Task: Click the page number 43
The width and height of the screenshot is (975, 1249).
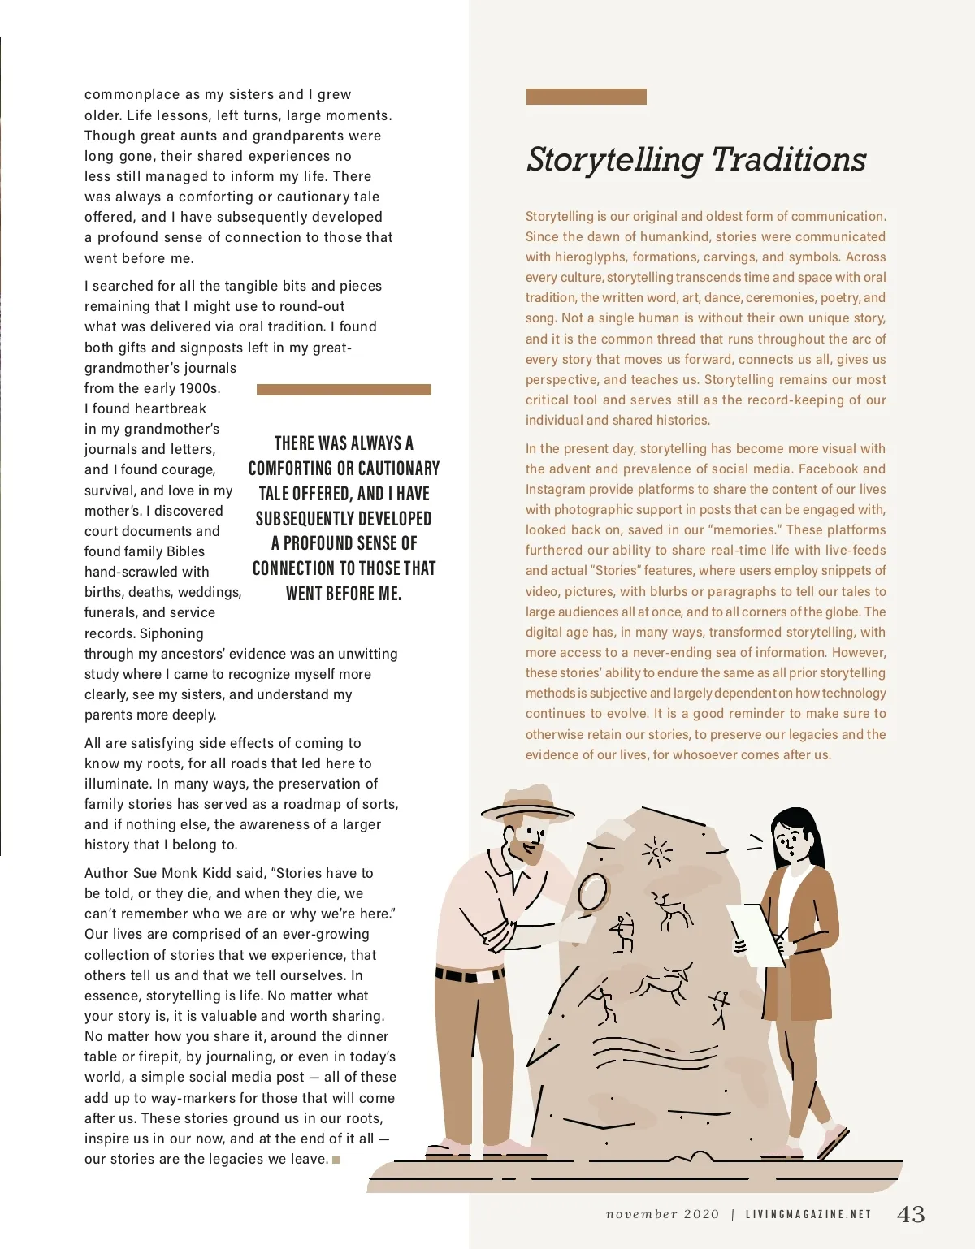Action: tap(911, 1214)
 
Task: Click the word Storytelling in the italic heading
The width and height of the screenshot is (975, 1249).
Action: tap(613, 161)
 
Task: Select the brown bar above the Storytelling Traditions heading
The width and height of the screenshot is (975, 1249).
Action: tap(586, 97)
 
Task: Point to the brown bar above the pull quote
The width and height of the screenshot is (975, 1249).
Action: tap(344, 390)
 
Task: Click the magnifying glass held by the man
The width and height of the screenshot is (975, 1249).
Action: tap(593, 892)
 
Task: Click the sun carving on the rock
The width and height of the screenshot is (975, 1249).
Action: tap(656, 853)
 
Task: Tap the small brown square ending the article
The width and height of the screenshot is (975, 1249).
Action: tap(336, 1160)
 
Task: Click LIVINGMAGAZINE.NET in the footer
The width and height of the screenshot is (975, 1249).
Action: tap(808, 1215)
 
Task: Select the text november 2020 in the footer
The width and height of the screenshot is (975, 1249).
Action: tap(662, 1215)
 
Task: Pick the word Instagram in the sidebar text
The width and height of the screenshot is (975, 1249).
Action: tap(555, 490)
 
